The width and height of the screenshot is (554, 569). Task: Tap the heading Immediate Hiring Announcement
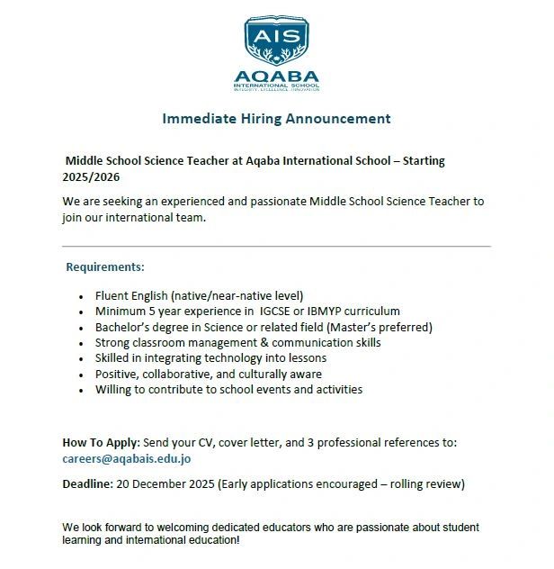click(x=276, y=118)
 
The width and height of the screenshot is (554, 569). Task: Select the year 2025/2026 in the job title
click(x=91, y=177)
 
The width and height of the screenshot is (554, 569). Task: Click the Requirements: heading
click(x=105, y=267)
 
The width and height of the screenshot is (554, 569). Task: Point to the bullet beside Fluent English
click(x=83, y=296)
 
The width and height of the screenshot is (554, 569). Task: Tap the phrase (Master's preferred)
click(x=380, y=327)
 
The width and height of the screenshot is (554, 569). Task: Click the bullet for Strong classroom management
click(x=83, y=343)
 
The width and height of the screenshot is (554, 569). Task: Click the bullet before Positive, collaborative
click(x=83, y=375)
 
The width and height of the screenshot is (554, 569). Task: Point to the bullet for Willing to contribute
click(x=83, y=390)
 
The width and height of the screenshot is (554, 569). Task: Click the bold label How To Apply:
click(x=101, y=442)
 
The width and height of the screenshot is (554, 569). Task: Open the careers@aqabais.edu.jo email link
click(x=127, y=458)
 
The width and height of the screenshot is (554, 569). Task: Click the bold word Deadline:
click(x=87, y=483)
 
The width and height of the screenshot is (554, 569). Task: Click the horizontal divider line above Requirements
click(x=276, y=246)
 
